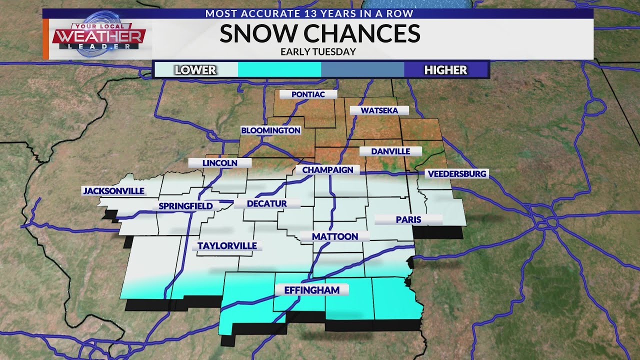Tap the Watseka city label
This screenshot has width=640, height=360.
tap(379, 110)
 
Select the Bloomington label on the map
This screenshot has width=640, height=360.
tap(270, 130)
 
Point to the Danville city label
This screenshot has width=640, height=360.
tap(390, 151)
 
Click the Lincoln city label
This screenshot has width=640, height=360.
tap(219, 163)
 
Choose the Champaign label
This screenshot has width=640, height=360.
tap(327, 170)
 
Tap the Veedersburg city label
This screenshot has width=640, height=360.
tap(456, 174)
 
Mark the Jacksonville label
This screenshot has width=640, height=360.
tap(113, 191)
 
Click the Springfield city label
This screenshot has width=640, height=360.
tap(185, 206)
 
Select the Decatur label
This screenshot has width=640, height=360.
tap(267, 203)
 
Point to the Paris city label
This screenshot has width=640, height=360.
tap(408, 219)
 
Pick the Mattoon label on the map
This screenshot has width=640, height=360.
tap(334, 236)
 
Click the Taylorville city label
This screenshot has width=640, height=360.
tap(227, 246)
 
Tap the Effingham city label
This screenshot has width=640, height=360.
tap(311, 290)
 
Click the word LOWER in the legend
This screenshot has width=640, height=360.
tap(195, 70)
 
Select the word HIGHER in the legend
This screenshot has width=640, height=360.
tap(445, 70)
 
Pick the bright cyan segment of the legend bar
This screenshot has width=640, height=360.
tap(279, 70)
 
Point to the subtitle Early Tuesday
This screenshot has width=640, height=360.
tap(318, 51)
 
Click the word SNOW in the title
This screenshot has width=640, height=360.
tap(258, 33)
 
